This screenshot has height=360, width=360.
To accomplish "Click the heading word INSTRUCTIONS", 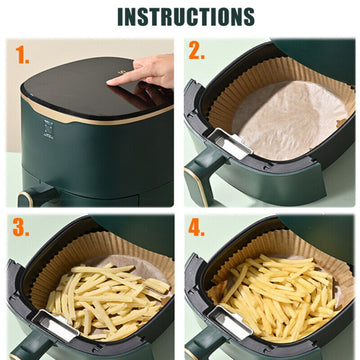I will tap(185, 17).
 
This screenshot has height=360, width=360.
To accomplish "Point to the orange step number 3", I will tap(20, 228).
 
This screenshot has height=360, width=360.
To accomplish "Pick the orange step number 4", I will tap(196, 228).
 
